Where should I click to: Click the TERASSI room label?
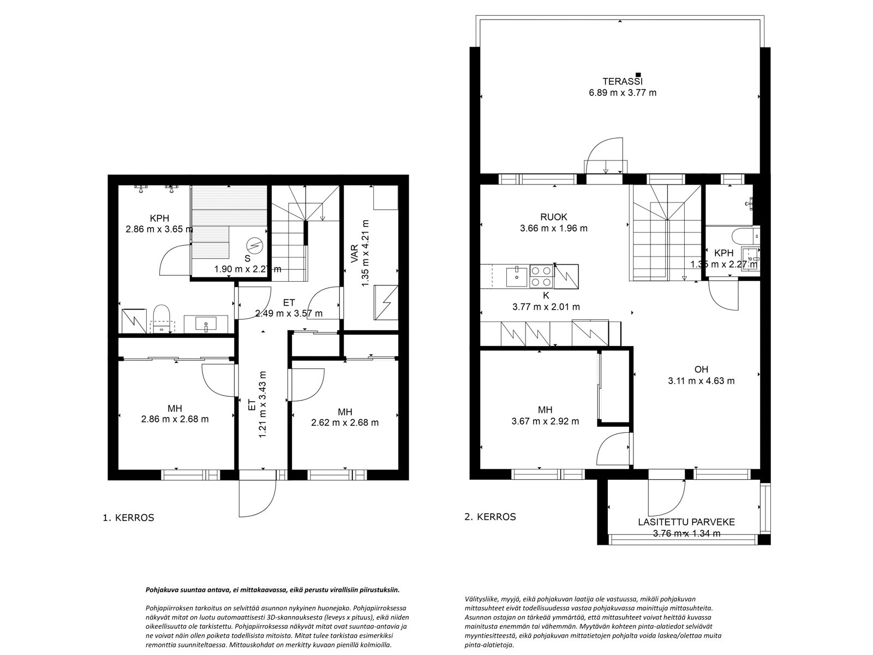coord(623,81)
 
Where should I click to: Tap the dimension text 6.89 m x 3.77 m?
coord(623,93)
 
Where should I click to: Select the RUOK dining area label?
coord(554,217)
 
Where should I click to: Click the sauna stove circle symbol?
coord(254,243)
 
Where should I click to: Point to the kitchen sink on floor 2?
coord(516,277)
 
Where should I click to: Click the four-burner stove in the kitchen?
coord(542,276)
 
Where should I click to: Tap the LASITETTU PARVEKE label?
coord(686,522)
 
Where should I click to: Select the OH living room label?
coord(701,370)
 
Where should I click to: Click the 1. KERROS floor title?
coord(128,518)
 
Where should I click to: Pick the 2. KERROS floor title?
coord(490,517)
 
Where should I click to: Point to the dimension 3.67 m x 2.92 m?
coord(545,421)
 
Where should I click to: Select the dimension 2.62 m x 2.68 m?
coord(345,422)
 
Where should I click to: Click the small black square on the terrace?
coord(638,74)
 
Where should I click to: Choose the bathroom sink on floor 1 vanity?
coord(206,324)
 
